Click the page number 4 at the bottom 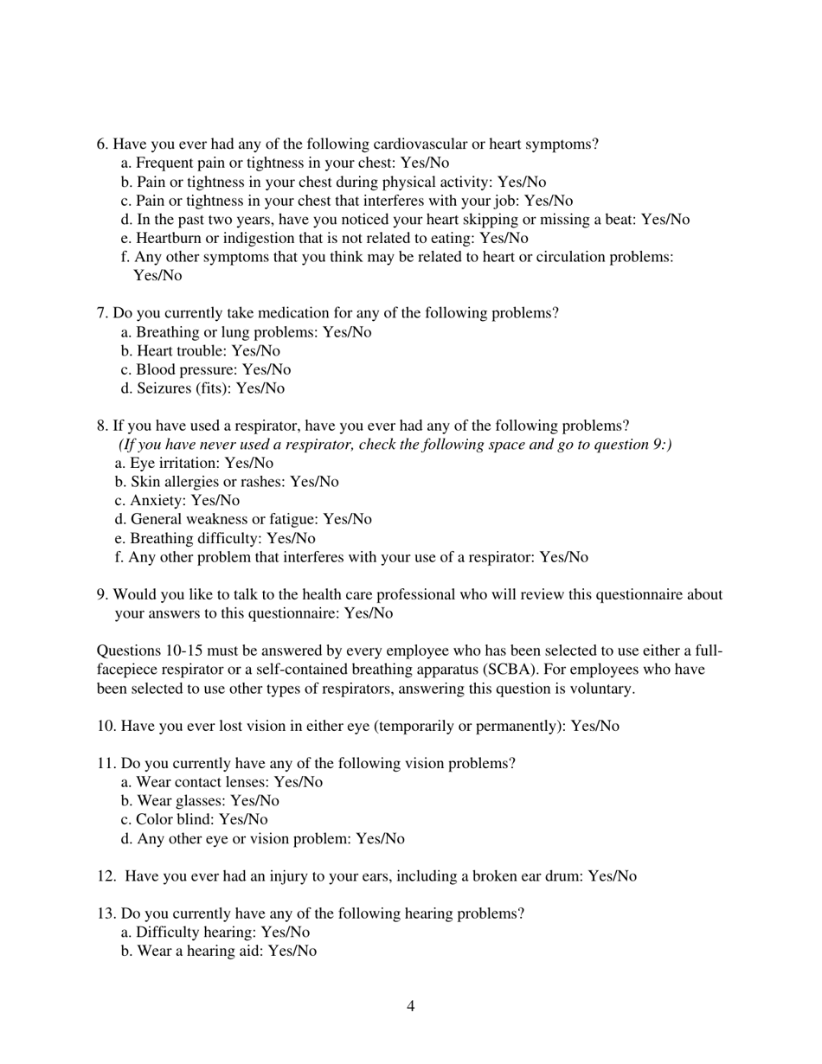tap(410, 1006)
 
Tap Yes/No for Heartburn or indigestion tap(504, 238)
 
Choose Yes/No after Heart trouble tap(256, 350)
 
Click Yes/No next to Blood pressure tap(267, 369)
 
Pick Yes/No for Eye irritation tap(248, 463)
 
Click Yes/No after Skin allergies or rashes tap(314, 482)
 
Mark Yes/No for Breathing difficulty tap(291, 538)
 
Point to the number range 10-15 tap(189, 651)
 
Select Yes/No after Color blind tap(243, 819)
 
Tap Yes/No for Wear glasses tap(254, 801)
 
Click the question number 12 tap(106, 876)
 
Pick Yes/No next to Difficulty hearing tap(286, 933)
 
